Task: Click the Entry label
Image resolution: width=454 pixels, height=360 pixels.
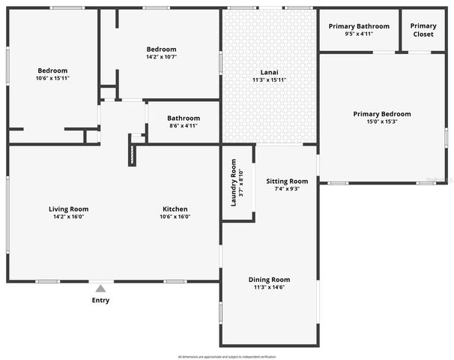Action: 100,301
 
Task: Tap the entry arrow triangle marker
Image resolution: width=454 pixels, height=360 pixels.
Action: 100,286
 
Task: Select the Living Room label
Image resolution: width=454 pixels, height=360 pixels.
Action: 68,208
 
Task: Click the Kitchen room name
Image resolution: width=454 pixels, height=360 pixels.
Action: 175,208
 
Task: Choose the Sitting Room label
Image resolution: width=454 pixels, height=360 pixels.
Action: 287,181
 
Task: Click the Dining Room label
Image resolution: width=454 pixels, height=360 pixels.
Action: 269,279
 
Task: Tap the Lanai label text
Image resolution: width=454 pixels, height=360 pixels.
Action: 269,71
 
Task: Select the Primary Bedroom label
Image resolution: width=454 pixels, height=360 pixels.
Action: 382,114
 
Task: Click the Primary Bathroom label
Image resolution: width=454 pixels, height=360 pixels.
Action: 358,26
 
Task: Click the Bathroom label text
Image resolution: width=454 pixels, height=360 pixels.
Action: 184,118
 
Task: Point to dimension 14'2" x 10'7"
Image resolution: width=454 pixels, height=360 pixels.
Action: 161,57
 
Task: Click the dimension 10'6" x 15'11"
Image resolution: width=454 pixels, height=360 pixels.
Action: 52,79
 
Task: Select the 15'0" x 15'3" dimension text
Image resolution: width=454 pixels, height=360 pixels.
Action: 382,121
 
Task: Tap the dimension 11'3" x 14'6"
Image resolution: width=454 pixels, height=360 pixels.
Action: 269,287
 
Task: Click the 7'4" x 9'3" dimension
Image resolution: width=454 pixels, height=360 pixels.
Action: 287,189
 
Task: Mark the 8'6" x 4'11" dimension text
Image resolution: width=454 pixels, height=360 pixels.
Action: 184,126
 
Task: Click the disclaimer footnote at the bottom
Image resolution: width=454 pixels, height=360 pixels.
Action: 227,355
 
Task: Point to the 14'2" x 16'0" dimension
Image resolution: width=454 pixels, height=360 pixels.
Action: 68,217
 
